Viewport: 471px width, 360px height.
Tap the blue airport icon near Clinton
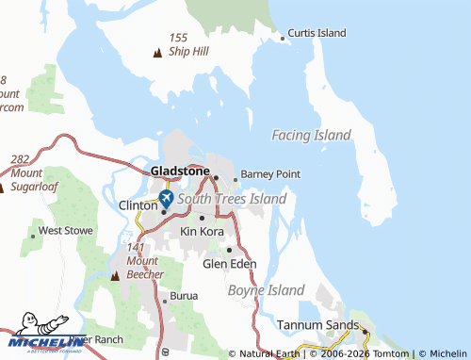tap(166, 199)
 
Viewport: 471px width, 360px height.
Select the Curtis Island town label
tap(317, 33)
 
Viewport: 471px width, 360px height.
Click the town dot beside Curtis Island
tap(282, 39)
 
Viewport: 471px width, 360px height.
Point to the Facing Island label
tap(311, 135)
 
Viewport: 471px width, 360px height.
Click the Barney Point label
tap(270, 174)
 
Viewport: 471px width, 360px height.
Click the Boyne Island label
tap(267, 290)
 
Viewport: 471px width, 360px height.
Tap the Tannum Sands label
tap(317, 325)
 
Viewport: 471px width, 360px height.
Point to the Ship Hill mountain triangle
tap(156, 52)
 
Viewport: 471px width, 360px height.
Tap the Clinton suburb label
tap(137, 205)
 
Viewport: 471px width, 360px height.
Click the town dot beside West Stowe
tap(30, 231)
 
